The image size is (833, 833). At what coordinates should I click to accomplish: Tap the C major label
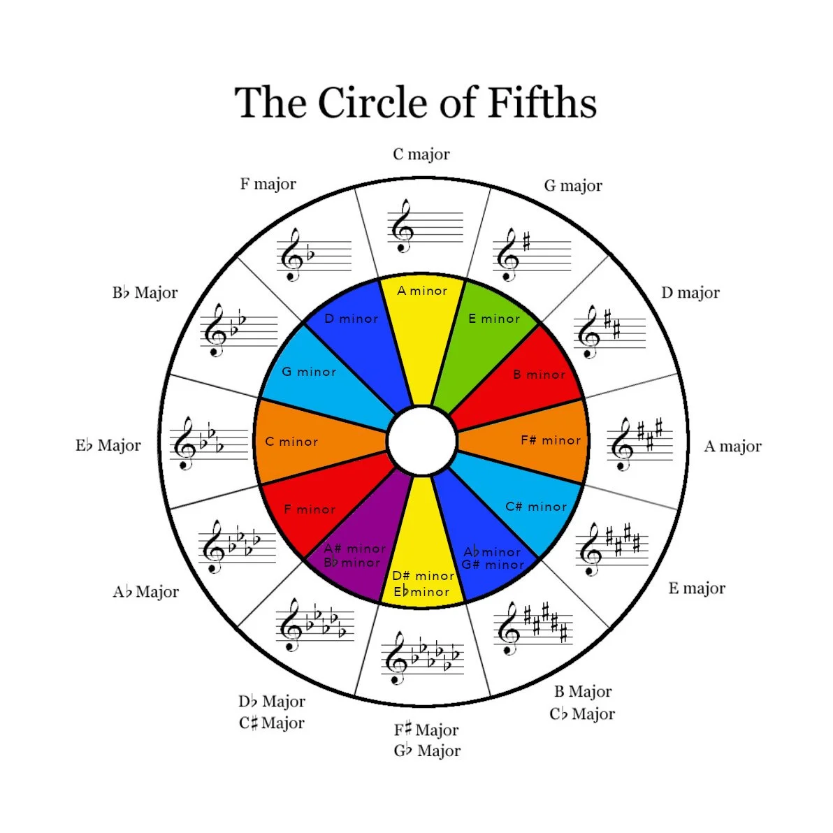[x=421, y=154]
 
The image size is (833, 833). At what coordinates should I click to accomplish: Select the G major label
[x=573, y=186]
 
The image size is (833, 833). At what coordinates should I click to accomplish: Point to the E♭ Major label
[x=108, y=446]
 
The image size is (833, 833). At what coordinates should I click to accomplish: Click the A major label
[x=732, y=447]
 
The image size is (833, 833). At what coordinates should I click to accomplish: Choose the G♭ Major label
[x=427, y=751]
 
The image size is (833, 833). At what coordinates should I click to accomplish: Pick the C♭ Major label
[x=582, y=714]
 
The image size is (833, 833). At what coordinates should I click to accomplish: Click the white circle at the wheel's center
[x=422, y=442]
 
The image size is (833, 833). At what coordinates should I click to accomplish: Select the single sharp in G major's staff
[x=526, y=242]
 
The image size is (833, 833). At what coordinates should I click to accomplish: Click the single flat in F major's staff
[x=310, y=255]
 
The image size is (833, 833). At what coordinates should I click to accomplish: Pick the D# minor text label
[x=423, y=576]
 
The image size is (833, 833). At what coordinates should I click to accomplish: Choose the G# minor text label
[x=493, y=565]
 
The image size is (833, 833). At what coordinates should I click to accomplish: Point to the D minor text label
[x=351, y=319]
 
